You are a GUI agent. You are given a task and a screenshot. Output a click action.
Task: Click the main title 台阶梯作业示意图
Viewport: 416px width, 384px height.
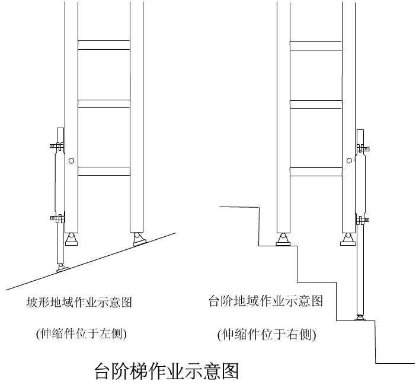coord(167,371)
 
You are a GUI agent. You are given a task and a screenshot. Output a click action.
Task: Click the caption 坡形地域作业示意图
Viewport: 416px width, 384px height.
coord(79,303)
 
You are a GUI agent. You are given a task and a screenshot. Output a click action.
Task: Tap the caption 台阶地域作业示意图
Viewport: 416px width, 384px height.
coord(266,301)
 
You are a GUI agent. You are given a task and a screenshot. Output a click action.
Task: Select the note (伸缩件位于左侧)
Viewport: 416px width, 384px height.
coord(81,334)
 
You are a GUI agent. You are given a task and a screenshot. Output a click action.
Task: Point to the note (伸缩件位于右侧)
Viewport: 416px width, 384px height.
coord(267,335)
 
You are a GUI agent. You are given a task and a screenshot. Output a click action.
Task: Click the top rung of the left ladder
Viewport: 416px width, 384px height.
coord(104,45)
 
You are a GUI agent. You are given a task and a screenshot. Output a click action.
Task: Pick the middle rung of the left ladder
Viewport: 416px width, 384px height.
coord(104,104)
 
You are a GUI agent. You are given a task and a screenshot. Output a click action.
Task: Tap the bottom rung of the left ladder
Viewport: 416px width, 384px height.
coord(104,171)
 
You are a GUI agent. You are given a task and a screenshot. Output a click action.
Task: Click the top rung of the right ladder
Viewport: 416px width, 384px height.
coord(316,45)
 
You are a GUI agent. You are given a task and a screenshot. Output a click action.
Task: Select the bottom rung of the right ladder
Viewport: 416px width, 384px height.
coord(316,172)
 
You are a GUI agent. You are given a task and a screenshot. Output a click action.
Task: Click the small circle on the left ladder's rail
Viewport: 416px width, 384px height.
coord(71,160)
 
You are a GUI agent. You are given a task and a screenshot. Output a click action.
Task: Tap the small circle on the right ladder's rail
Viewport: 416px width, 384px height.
coord(350,160)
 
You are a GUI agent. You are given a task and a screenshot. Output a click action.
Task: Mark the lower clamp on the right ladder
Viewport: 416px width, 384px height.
coord(363,220)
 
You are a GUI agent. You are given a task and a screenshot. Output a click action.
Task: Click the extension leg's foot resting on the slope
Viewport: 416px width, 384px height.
coord(61,268)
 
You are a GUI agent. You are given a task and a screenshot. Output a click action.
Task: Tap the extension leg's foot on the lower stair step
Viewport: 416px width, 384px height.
coord(360,318)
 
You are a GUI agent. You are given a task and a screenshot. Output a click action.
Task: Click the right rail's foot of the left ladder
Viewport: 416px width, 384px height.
coord(139,239)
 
